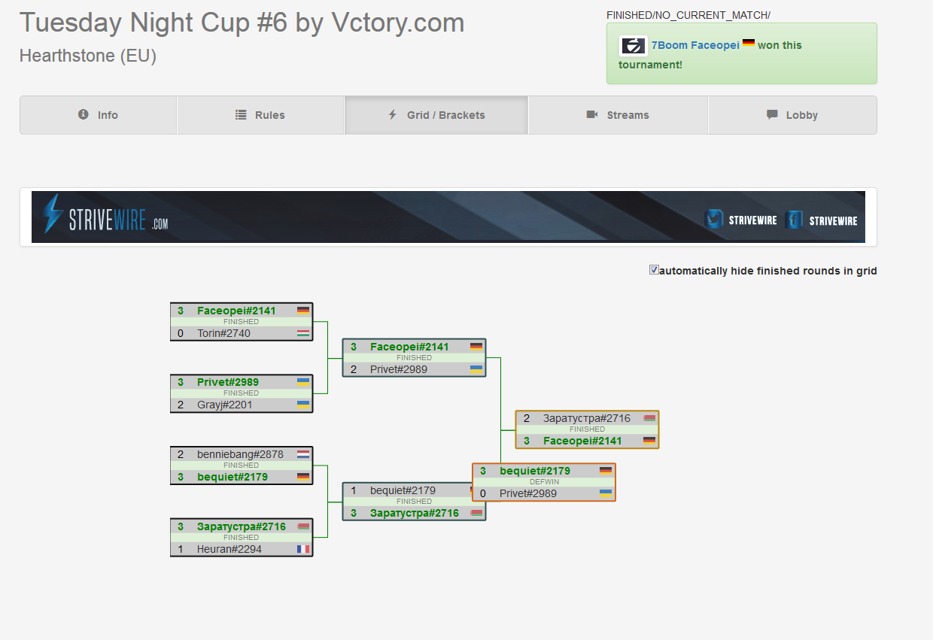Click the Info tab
coord(99,115)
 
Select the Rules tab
coord(260,115)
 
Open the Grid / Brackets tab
coord(436,115)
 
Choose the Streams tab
coord(618,115)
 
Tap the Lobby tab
coord(792,115)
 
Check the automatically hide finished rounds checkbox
coord(654,270)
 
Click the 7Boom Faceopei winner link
coord(695,45)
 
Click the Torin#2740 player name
coord(223,333)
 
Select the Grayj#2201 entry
coord(224,405)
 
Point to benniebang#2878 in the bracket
coord(240,454)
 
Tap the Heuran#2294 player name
coord(229,549)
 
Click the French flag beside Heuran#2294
coord(303,549)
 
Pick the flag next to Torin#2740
coord(303,333)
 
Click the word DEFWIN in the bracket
coord(545,482)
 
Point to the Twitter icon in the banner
coord(714,219)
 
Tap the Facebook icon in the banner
coord(794,220)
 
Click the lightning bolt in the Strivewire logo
coord(53,213)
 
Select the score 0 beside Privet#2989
coord(483,494)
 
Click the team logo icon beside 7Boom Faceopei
coord(633,45)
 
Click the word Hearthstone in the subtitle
coord(67,56)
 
